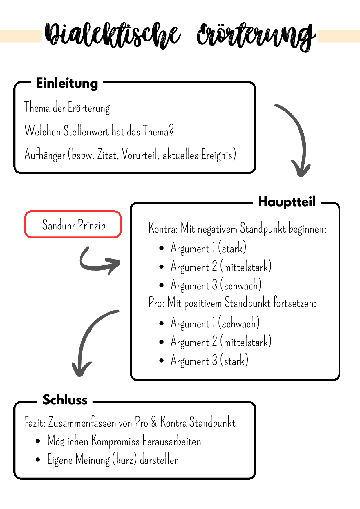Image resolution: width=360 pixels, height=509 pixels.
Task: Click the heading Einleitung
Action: point(67,83)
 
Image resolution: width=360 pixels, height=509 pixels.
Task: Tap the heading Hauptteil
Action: point(287,202)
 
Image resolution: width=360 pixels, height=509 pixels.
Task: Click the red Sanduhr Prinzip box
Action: point(73,224)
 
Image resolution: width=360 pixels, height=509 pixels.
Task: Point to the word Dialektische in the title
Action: point(113,35)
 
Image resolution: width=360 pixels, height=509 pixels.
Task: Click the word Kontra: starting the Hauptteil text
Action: point(163,228)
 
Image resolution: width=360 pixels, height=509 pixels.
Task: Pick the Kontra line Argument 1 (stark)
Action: point(208,248)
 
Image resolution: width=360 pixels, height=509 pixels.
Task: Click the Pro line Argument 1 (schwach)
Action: point(215,323)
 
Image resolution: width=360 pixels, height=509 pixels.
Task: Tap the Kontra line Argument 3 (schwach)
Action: point(216,285)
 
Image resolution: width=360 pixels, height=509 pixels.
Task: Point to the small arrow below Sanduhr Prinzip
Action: point(99,261)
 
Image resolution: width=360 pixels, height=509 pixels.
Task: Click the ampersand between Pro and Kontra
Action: point(154,422)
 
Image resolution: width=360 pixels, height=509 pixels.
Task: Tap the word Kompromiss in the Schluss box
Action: point(115,441)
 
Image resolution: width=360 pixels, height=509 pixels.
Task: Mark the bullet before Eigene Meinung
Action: point(38,460)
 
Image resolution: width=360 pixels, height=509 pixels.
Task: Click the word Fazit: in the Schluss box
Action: point(35,422)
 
